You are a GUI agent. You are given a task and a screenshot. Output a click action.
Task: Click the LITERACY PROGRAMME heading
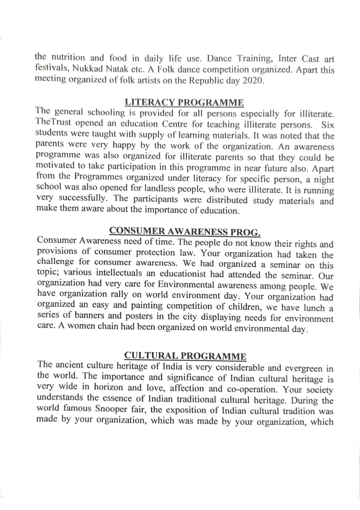pyautogui.click(x=184, y=103)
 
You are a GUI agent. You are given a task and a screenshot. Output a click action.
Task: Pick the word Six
pyautogui.click(x=328, y=125)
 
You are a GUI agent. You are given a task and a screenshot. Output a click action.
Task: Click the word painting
pyautogui.click(x=147, y=305)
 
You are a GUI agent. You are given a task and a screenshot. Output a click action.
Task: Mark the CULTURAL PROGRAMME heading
pyautogui.click(x=185, y=356)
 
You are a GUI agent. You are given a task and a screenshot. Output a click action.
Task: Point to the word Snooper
pyautogui.click(x=111, y=409)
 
